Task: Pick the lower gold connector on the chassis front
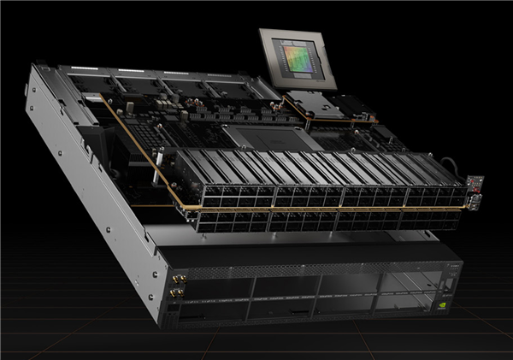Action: click(178, 294)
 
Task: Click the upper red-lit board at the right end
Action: click(476, 182)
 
